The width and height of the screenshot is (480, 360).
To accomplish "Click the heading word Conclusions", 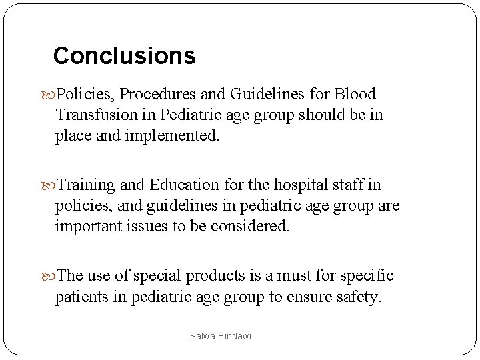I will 124,56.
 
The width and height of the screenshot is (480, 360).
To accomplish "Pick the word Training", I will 87,185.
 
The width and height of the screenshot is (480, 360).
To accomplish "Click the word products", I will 215,276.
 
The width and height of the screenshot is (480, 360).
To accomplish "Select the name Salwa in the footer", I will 201,337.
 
